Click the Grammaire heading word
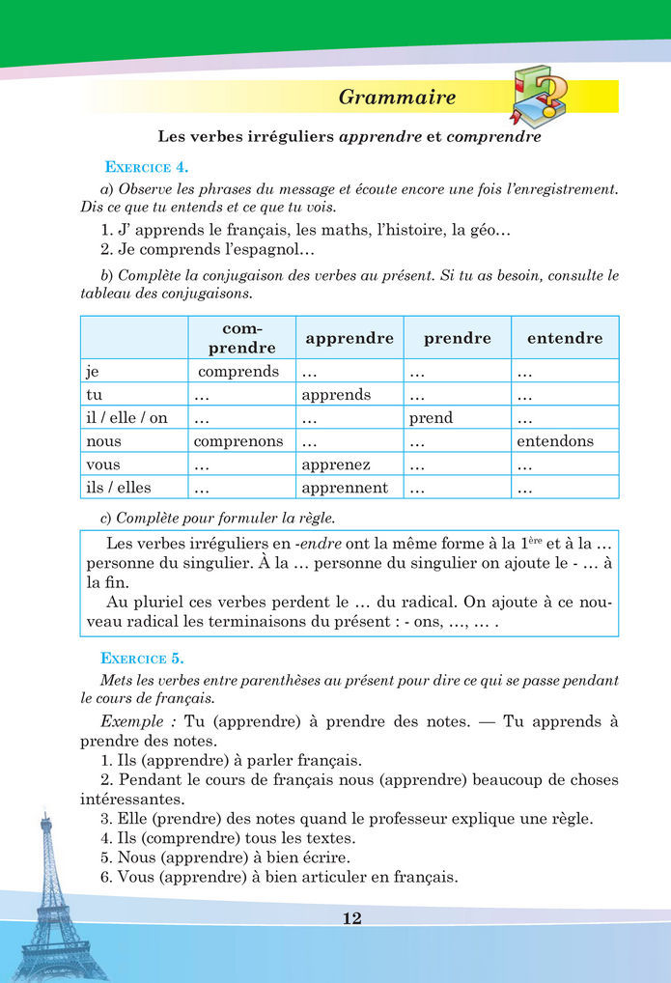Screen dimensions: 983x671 [397, 97]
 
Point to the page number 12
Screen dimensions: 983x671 [351, 918]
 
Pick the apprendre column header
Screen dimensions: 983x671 [349, 338]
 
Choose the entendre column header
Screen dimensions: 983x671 [565, 338]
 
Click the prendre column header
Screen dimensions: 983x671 [458, 338]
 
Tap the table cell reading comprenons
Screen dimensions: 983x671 [238, 441]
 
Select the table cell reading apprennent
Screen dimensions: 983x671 [345, 488]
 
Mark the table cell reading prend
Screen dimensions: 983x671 [431, 418]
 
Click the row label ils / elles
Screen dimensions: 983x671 [119, 488]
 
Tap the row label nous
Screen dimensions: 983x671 [103, 441]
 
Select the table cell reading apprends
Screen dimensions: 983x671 [336, 395]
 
